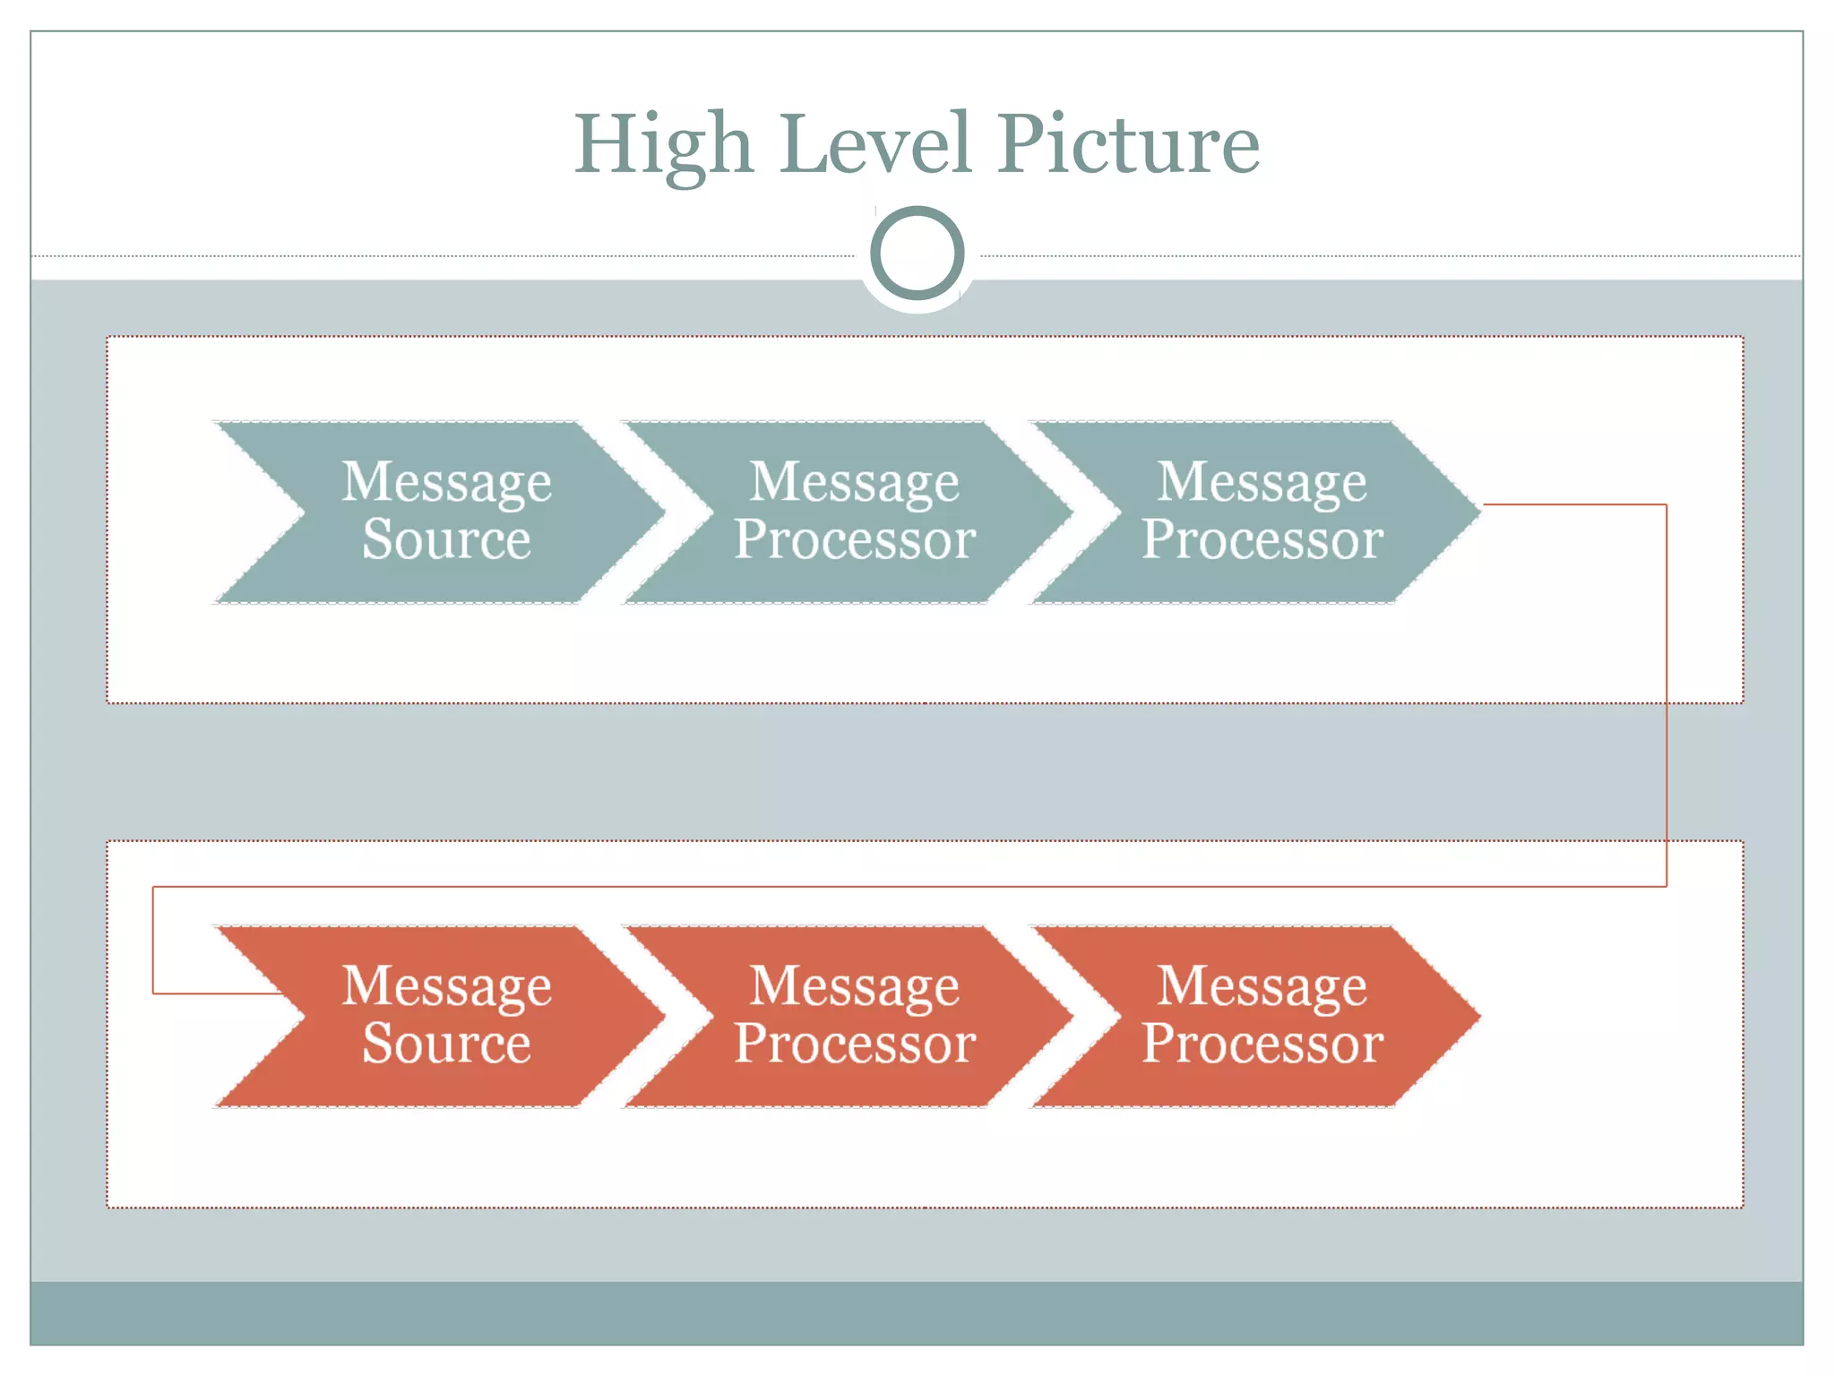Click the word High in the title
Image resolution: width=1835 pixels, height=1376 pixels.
[x=663, y=145]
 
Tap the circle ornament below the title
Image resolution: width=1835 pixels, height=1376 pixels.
[x=917, y=254]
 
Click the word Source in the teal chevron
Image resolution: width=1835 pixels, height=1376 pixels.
[x=446, y=540]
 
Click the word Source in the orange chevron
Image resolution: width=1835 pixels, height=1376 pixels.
[x=446, y=1045]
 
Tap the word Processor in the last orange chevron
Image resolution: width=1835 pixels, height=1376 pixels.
[x=1262, y=1045]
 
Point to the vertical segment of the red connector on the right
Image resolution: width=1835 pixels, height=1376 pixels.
[x=1667, y=699]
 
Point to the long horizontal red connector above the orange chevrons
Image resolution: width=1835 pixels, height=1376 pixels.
[x=896, y=887]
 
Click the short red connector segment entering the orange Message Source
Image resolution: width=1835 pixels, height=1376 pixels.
[x=215, y=993]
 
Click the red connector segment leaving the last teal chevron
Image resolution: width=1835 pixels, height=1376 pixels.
[x=1577, y=504]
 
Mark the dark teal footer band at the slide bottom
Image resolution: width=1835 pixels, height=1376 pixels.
[x=917, y=1312]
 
